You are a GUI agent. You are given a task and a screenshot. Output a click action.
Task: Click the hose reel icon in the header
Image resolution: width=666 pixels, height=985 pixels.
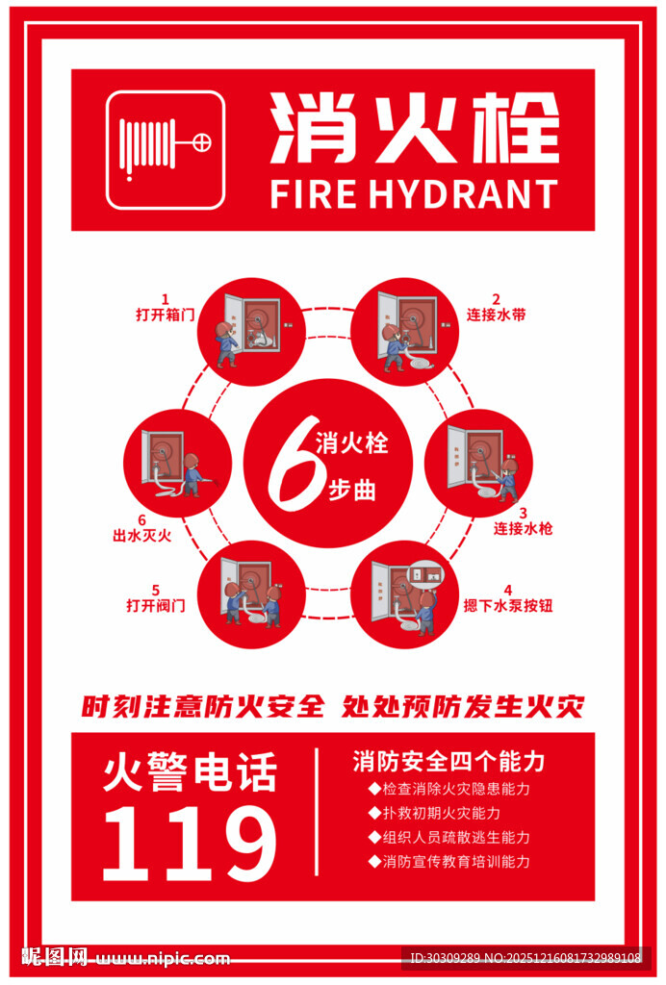166,150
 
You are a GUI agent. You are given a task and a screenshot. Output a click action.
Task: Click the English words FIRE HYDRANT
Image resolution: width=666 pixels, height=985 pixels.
414,193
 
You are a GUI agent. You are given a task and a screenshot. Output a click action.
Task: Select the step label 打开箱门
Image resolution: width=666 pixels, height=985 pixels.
166,315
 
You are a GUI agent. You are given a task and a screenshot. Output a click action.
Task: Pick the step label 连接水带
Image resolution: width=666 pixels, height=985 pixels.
496,315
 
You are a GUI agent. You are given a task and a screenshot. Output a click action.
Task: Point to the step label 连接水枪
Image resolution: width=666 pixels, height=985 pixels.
523,528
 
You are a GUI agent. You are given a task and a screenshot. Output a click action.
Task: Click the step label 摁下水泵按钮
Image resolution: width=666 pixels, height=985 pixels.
508,605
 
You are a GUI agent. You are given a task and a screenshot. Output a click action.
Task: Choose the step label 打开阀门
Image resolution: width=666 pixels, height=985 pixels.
156,605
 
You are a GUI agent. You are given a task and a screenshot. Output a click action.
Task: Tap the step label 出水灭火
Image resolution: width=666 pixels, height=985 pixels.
142,535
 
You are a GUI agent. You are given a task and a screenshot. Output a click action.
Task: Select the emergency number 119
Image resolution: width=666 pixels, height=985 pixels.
190,844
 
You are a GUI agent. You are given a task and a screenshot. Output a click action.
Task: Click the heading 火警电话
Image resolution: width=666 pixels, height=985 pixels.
190,771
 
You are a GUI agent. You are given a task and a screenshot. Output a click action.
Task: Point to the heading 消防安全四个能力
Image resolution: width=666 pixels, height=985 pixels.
448,762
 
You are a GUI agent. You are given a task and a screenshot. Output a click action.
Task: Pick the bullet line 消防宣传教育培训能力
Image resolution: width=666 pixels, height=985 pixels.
448,861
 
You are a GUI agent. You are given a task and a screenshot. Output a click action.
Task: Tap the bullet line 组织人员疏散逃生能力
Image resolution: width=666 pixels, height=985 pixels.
448,838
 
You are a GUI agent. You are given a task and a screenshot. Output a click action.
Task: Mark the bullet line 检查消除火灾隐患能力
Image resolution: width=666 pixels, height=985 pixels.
448,789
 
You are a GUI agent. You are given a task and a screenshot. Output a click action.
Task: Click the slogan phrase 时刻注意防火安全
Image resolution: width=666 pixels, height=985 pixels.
202,706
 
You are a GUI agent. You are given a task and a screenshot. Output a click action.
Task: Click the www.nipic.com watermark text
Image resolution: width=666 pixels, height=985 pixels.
162,959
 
